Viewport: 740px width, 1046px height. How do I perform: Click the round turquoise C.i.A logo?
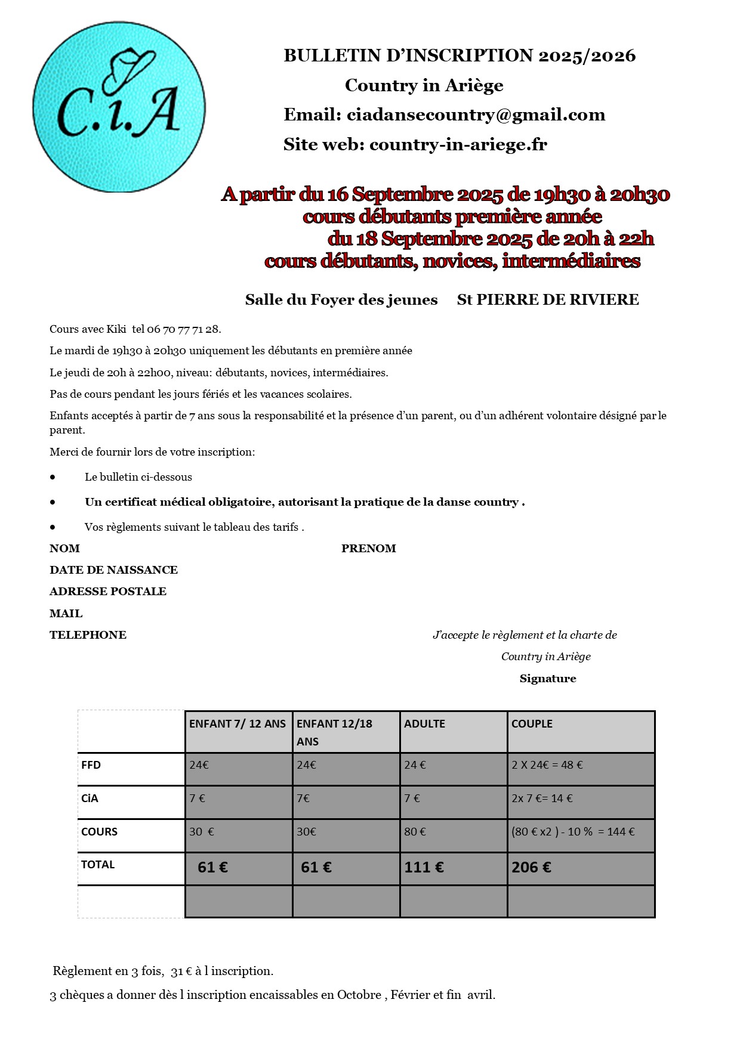pos(119,107)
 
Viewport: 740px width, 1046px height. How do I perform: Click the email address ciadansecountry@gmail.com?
pos(476,114)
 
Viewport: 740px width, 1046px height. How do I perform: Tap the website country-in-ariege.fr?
pos(458,144)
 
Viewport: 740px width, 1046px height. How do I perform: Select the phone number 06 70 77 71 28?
pos(184,329)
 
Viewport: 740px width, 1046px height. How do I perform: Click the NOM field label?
pos(64,549)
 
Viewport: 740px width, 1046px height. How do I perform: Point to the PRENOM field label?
pos(368,549)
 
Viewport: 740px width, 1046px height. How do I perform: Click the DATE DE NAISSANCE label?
pos(113,570)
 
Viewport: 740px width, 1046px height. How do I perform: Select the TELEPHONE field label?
pos(88,635)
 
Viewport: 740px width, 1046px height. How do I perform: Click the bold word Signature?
pos(547,679)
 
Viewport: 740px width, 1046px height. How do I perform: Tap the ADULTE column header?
pos(424,724)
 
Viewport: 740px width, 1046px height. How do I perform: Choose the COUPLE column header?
pos(532,724)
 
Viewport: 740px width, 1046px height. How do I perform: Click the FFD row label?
pos(91,765)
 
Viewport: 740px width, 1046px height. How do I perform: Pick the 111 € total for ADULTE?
pos(424,868)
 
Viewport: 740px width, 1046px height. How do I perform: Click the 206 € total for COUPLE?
pos(531,868)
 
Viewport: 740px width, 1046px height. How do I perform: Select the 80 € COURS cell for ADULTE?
pos(415,832)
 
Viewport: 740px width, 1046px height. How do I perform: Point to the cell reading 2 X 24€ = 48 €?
pos(547,765)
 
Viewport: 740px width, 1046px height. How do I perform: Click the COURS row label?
pos(99,832)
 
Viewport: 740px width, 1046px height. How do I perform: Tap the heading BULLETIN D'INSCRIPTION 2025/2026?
pos(460,55)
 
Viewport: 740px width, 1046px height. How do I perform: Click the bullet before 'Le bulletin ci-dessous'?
pos(53,477)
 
